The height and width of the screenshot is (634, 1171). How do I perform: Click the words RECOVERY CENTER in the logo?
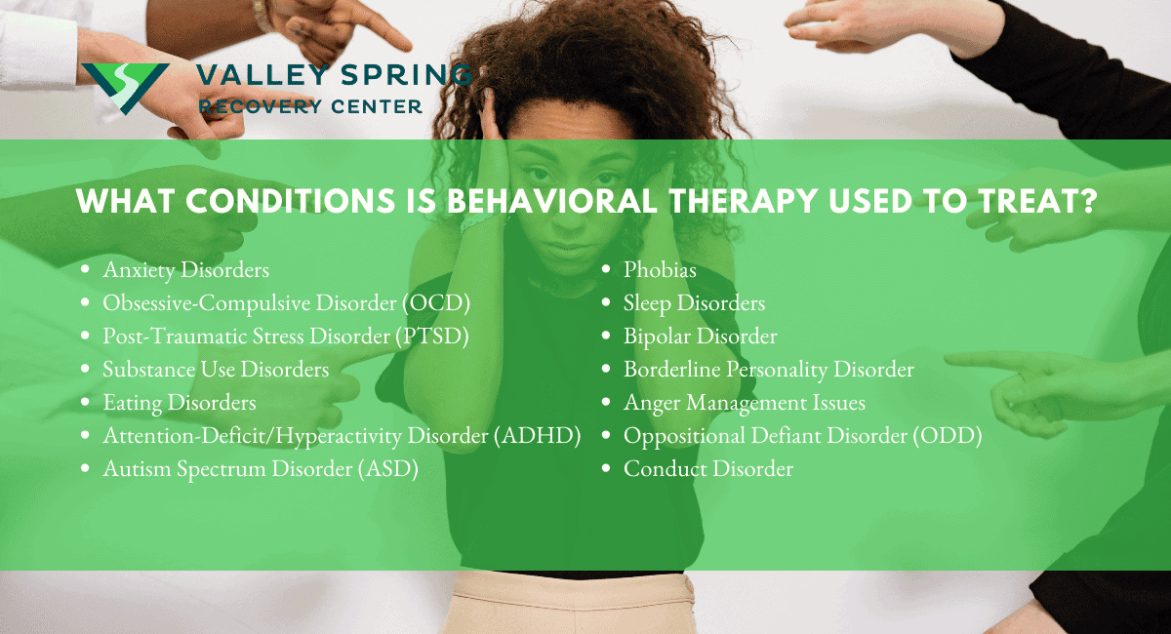click(x=310, y=105)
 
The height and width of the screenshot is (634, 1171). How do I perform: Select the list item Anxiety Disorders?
click(x=186, y=269)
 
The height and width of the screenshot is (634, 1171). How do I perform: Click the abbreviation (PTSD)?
click(x=433, y=336)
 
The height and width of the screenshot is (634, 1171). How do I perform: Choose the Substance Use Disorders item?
click(x=216, y=369)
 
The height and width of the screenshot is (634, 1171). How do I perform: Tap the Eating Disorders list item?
click(x=180, y=402)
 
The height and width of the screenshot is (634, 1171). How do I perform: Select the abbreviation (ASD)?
click(x=387, y=468)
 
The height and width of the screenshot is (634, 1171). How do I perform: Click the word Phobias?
click(x=660, y=269)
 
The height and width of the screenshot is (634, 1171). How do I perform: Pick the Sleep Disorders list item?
click(x=694, y=302)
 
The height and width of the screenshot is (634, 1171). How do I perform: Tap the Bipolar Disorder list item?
click(x=701, y=336)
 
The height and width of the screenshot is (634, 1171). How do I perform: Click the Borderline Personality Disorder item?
click(x=769, y=369)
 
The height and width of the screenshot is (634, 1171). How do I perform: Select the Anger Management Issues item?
click(x=745, y=402)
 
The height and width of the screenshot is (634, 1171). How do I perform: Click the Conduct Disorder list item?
click(x=708, y=468)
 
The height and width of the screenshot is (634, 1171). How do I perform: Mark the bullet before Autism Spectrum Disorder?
click(x=87, y=469)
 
